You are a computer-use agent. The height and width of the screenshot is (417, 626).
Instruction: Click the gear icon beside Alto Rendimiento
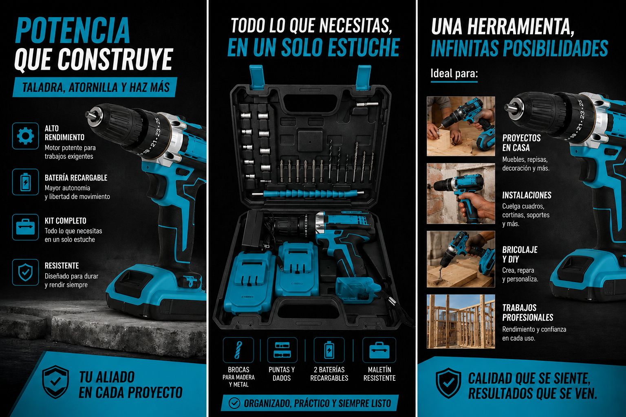[25, 136]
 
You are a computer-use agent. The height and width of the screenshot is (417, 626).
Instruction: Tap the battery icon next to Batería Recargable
[25, 182]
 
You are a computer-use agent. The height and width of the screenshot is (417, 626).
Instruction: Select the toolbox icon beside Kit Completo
[25, 227]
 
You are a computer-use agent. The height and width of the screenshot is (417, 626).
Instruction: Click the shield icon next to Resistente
[25, 272]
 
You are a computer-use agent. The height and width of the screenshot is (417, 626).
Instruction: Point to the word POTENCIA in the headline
[73, 30]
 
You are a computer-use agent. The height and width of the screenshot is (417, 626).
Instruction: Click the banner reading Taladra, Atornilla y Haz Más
[95, 87]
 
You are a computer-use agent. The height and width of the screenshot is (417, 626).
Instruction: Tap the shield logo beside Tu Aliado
[55, 382]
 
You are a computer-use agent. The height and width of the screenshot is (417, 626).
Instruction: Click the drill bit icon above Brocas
[238, 350]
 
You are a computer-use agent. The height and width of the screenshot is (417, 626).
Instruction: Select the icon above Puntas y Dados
[282, 350]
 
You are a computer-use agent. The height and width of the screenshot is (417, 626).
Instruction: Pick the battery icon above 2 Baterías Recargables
[329, 350]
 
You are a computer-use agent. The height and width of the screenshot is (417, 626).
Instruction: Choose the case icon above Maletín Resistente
[379, 350]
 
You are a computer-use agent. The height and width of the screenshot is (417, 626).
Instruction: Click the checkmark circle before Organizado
[234, 403]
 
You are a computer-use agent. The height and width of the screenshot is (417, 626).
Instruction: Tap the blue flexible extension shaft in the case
[308, 193]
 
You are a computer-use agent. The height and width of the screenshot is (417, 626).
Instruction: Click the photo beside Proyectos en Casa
[461, 126]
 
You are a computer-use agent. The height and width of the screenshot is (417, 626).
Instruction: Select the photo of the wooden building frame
[461, 321]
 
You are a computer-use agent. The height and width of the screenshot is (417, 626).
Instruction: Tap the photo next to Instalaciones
[461, 193]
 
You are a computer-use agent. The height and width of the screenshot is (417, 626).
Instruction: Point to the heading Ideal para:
[454, 73]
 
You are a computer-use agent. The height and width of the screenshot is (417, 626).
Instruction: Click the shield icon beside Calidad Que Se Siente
[449, 383]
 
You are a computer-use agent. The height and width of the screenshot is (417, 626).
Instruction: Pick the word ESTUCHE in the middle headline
[364, 47]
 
